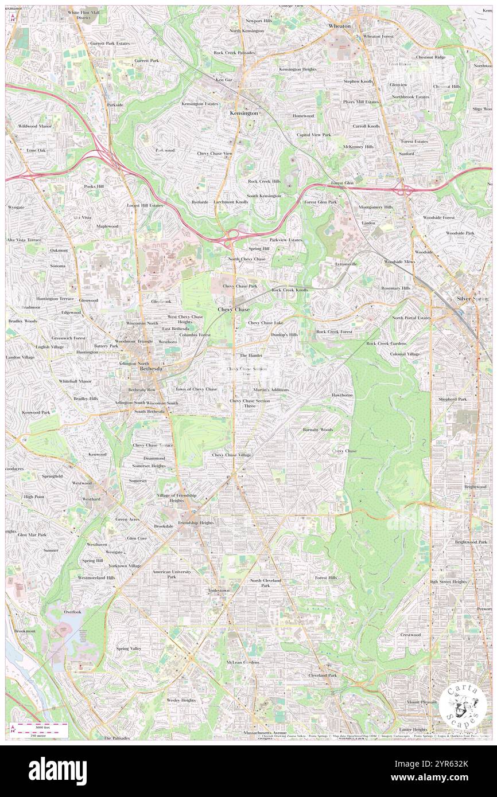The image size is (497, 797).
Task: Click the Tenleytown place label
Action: (x=218, y=590)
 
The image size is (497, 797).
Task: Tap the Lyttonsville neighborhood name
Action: (x=346, y=264)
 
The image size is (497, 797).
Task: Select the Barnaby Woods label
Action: (x=318, y=429)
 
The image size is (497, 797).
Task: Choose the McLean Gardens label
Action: (x=243, y=662)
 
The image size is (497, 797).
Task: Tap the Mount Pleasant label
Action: (x=422, y=702)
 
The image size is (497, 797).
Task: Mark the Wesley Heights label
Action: (x=181, y=700)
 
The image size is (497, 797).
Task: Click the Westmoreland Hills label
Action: (x=96, y=577)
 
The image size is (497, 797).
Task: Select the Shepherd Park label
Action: (x=453, y=399)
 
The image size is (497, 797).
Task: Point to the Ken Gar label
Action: (x=224, y=80)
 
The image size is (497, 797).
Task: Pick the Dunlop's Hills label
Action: (x=285, y=334)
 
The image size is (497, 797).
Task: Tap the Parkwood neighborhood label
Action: (x=165, y=150)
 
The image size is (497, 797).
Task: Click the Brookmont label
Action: (x=25, y=631)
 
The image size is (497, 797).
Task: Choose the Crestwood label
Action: (x=410, y=635)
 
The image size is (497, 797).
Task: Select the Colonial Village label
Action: (x=405, y=354)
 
